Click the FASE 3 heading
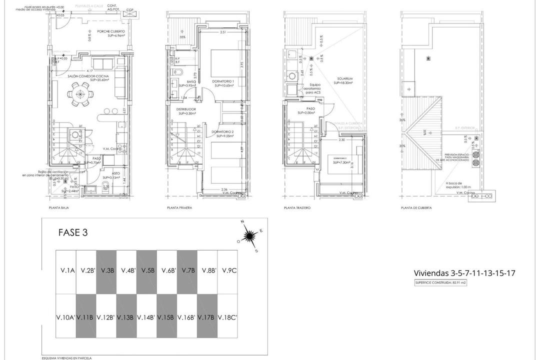pos(73,232)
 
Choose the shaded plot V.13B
pos(126,317)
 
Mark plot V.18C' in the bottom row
pos(228,317)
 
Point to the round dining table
pos(80,94)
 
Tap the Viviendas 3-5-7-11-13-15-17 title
pos(464,273)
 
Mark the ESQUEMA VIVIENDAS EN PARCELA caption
pos(66,358)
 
